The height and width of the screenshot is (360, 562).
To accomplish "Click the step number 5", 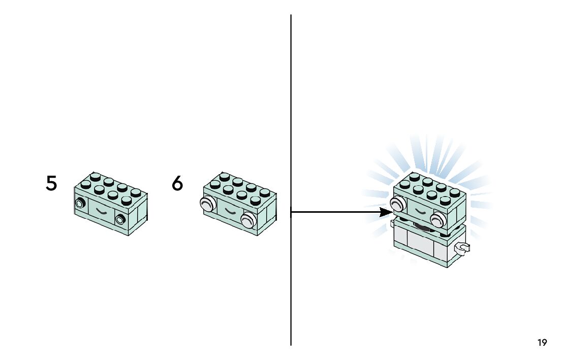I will coord(51,183).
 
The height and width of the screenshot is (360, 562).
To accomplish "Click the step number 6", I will coord(177,183).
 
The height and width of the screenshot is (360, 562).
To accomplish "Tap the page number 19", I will coord(542,343).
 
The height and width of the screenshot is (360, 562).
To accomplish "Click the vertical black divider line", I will coord(291,127).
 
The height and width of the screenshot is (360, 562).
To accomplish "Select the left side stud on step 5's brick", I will coord(80,205).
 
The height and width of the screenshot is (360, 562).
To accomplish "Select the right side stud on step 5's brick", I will coord(120,219).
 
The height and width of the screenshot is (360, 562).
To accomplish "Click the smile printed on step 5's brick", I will coord(102,211).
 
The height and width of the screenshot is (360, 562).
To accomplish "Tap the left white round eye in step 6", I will coord(205,205).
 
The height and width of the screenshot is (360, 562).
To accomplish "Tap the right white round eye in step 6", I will coord(248,219).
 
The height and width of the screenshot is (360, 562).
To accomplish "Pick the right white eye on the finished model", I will coord(438,219).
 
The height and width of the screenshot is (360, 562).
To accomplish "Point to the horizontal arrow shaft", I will coord(335,212).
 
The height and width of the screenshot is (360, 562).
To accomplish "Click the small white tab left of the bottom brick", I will coord(392,222).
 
